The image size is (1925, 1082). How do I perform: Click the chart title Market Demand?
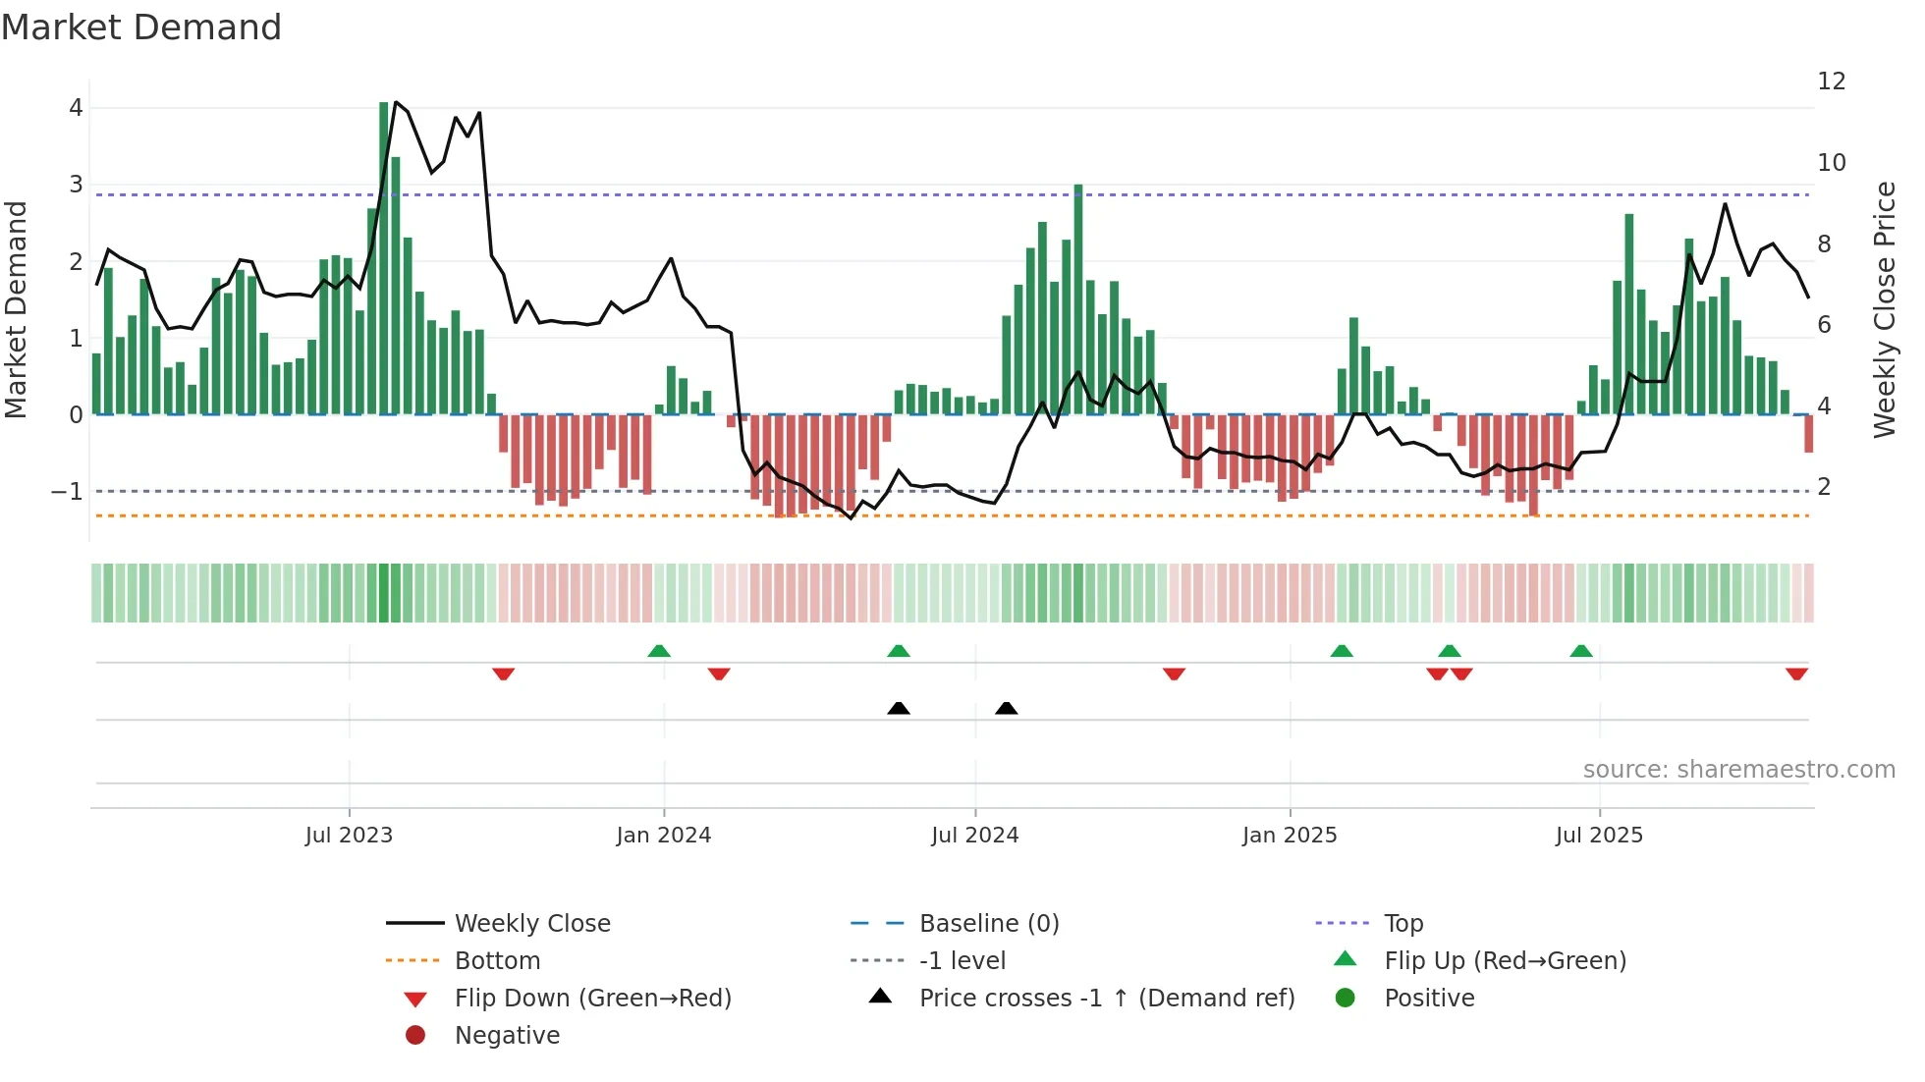(x=141, y=27)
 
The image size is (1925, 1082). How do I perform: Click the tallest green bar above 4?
(x=384, y=255)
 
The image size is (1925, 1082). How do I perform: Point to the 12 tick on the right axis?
(x=1831, y=81)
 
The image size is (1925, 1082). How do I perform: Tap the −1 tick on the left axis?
(x=67, y=491)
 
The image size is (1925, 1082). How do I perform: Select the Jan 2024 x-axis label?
(x=663, y=836)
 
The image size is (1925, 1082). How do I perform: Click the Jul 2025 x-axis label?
(x=1598, y=836)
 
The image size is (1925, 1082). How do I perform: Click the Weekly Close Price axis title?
(x=1884, y=309)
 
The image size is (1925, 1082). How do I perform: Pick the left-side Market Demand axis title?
(x=16, y=309)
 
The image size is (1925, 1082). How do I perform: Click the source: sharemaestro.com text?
(x=1738, y=770)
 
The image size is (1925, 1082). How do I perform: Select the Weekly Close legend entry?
(x=531, y=924)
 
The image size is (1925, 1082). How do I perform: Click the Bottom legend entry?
(x=497, y=961)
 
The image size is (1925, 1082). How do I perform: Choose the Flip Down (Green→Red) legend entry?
(x=592, y=999)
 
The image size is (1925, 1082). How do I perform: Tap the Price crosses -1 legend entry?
(x=1106, y=999)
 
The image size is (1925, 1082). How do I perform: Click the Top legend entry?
(x=1402, y=924)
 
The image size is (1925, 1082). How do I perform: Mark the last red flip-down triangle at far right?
(x=1796, y=674)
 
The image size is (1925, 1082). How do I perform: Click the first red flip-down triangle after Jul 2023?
(x=503, y=674)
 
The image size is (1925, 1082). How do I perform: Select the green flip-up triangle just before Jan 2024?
(x=659, y=651)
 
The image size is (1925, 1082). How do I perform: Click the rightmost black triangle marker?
(x=1006, y=708)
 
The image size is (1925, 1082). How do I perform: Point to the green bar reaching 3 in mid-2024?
(x=1078, y=299)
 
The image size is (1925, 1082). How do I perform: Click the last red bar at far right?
(x=1808, y=433)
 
